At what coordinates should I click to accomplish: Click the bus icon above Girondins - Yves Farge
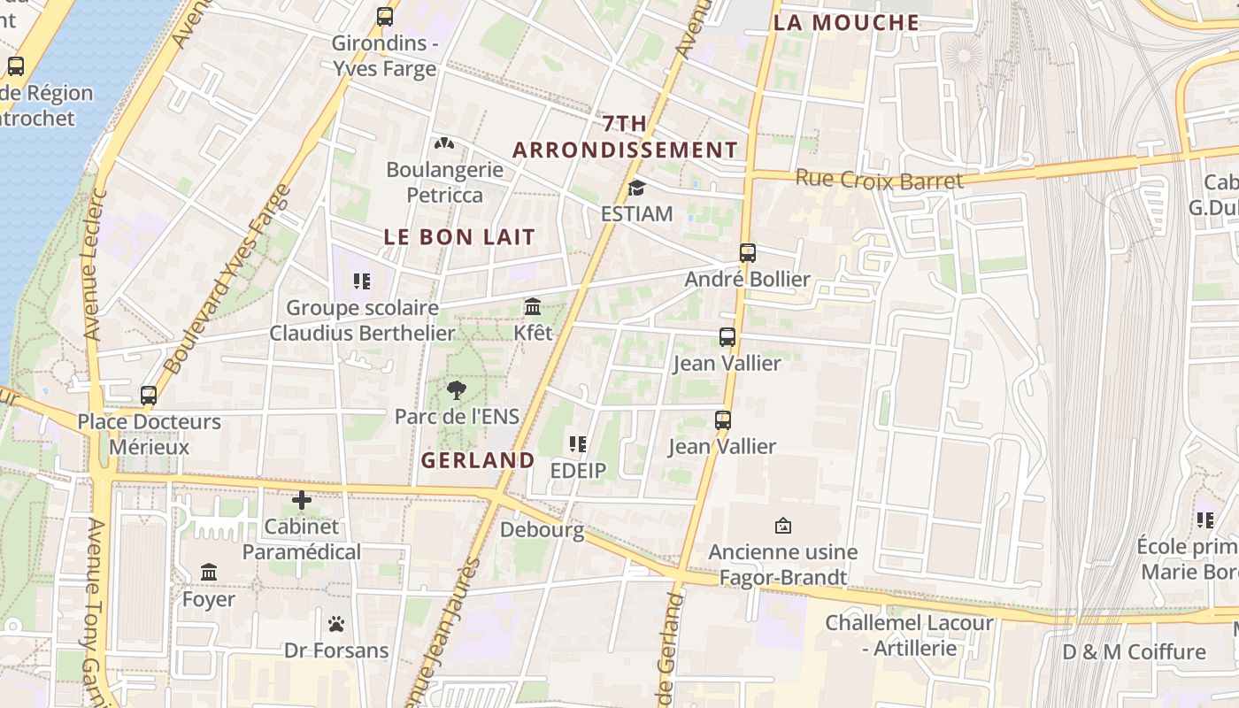(x=385, y=16)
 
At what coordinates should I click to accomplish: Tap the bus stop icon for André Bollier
(x=748, y=253)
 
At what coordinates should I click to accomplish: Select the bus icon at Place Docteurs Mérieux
(x=149, y=396)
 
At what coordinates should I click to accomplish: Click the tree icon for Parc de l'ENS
(x=457, y=390)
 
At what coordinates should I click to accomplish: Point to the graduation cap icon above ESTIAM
(x=636, y=188)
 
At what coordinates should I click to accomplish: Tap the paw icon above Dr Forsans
(x=335, y=624)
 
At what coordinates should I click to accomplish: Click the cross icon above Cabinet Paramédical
(x=302, y=500)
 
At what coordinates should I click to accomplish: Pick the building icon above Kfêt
(x=533, y=306)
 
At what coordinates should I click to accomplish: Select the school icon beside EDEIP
(x=578, y=444)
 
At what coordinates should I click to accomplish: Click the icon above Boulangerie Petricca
(x=444, y=143)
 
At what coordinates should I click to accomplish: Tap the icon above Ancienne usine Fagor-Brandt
(x=782, y=526)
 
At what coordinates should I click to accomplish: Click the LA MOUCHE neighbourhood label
(x=846, y=23)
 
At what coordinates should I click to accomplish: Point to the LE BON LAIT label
(x=459, y=237)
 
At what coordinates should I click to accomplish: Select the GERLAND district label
(x=478, y=460)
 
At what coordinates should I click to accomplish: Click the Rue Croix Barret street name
(x=879, y=180)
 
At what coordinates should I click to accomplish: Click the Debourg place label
(x=542, y=530)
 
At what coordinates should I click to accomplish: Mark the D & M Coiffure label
(x=1134, y=652)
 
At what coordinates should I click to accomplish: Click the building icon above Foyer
(x=209, y=573)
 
